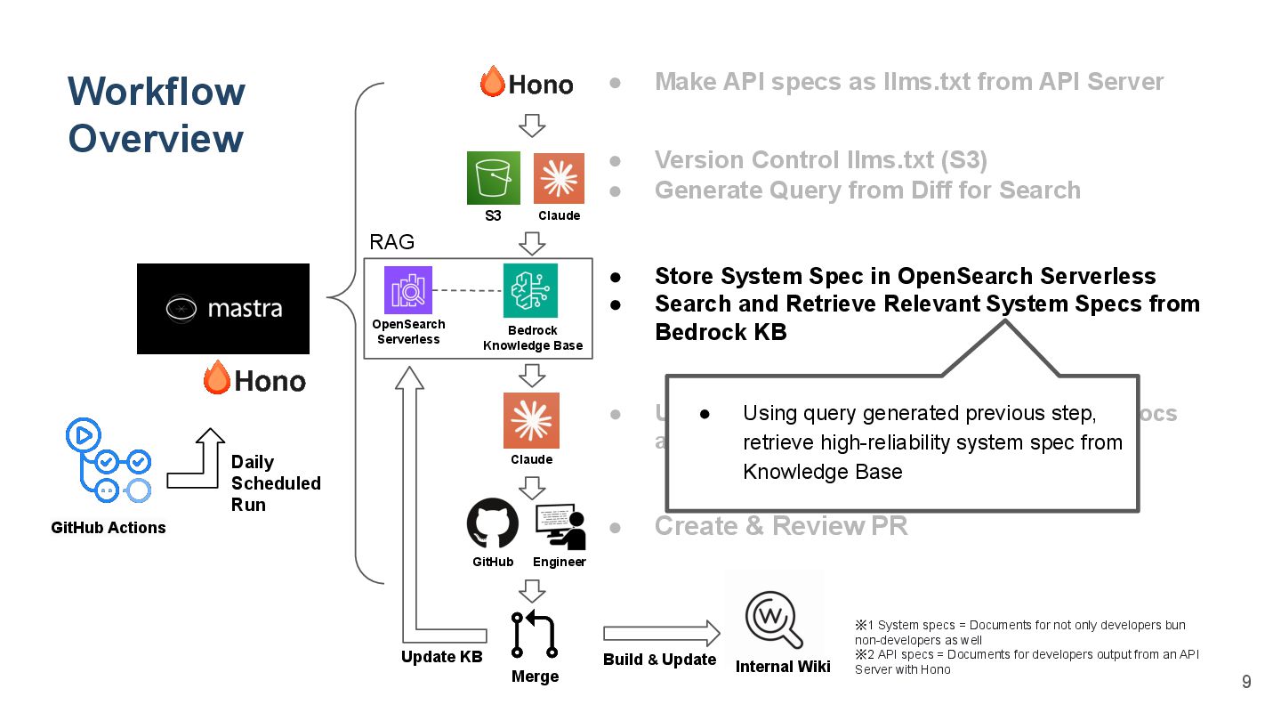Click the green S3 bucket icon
494,178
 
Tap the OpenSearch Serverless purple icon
408,290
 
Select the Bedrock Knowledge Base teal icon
531,290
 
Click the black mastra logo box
223,309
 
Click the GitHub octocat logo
493,523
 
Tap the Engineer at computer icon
560,526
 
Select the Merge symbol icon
535,633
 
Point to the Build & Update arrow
661,633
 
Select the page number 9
1246,682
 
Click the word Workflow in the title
157,92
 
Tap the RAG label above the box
391,242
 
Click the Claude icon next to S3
559,178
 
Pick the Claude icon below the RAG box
531,420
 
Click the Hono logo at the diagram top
527,83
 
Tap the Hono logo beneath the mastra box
254,380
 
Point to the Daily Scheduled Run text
275,483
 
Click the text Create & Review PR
780,526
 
